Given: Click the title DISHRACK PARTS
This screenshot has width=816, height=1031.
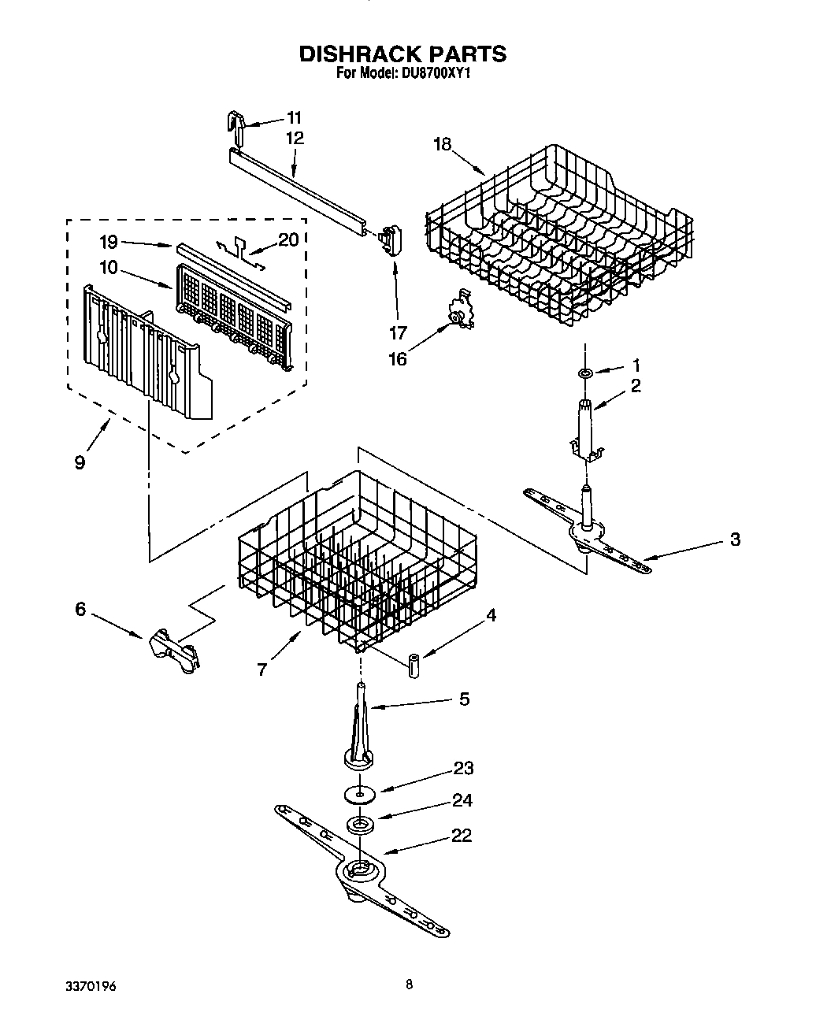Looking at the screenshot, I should [402, 54].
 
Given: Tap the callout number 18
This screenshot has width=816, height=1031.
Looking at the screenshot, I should [443, 143].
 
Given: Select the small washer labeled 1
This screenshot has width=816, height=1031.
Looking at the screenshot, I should [586, 371].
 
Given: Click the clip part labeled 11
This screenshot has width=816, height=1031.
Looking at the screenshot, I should [235, 122].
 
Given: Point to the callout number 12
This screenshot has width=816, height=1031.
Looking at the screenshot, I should [295, 137].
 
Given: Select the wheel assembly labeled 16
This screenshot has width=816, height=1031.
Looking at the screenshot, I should [457, 311].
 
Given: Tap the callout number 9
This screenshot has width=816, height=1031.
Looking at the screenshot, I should [80, 462].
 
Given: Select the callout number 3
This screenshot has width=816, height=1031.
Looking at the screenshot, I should [734, 540].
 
